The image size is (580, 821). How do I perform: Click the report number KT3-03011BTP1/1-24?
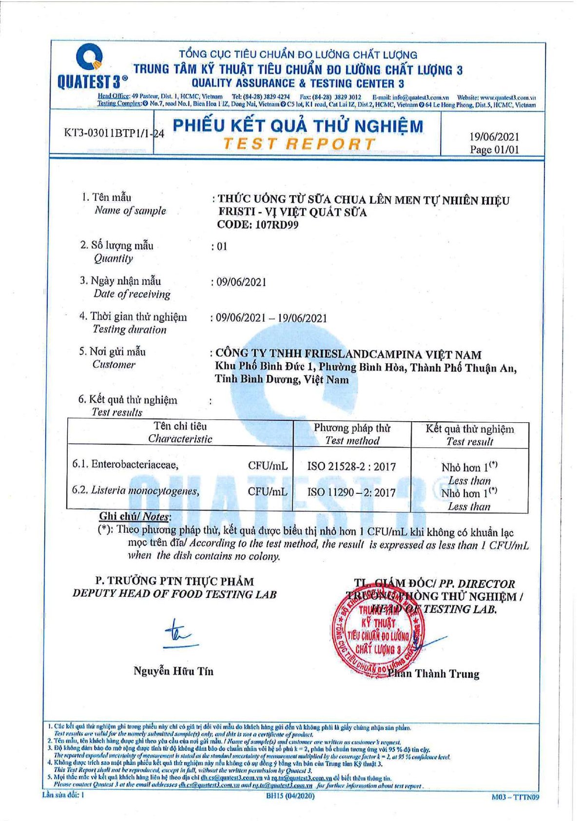click(x=114, y=133)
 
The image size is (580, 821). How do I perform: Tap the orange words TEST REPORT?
click(x=299, y=144)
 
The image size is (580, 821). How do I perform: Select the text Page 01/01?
click(x=494, y=150)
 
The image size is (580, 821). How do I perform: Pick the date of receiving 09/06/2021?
click(x=241, y=282)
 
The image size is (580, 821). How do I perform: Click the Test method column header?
click(x=352, y=434)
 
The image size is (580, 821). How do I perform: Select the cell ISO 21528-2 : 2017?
click(x=351, y=467)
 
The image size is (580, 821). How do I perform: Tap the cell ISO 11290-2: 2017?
click(x=351, y=492)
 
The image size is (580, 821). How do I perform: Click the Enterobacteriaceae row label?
click(x=126, y=464)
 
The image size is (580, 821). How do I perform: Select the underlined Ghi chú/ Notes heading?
click(x=135, y=516)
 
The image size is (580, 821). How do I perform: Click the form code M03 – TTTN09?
click(x=516, y=797)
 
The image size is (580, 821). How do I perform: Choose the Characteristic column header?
click(x=180, y=433)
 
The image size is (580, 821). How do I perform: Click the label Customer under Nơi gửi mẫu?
click(x=114, y=365)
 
